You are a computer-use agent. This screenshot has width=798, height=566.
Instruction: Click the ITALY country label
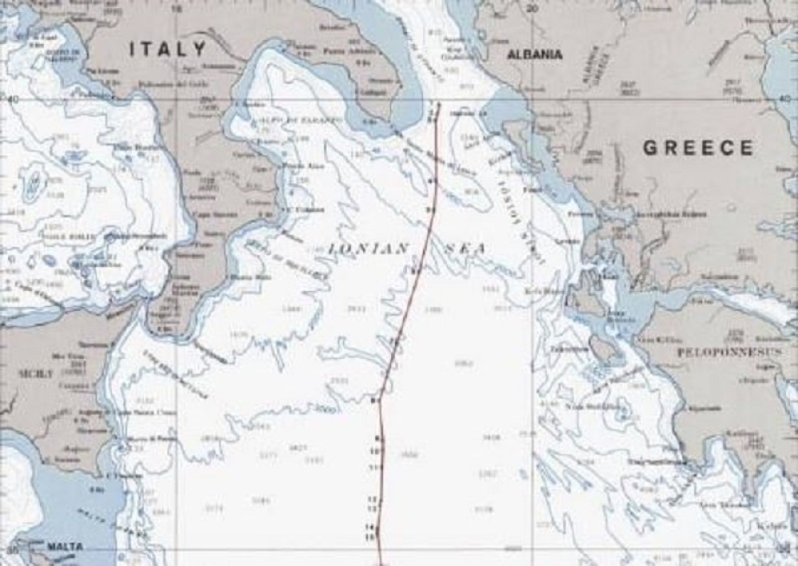tap(168, 49)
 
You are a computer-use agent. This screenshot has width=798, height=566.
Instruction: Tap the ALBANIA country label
tap(535, 55)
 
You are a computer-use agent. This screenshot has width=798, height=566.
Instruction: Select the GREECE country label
tap(698, 147)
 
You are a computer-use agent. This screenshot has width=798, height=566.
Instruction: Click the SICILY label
tap(37, 372)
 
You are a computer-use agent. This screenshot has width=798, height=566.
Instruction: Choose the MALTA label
tap(64, 546)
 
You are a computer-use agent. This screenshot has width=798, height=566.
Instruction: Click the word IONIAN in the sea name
tap(369, 249)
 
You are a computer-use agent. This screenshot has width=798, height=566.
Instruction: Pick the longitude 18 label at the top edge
tap(177, 8)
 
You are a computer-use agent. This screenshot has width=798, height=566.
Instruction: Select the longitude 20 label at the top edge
tap(534, 8)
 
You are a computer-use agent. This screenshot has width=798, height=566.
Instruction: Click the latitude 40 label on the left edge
tap(11, 99)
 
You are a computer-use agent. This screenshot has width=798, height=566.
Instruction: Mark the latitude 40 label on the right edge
tap(785, 99)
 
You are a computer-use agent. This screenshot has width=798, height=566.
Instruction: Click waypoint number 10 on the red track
tap(373, 451)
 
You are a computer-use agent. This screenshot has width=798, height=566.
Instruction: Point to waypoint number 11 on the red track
tap(373, 466)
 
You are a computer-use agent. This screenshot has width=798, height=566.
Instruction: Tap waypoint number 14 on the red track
tap(369, 528)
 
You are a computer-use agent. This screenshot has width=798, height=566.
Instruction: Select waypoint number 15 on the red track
tap(369, 538)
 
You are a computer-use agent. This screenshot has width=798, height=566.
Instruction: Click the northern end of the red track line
tap(439, 104)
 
